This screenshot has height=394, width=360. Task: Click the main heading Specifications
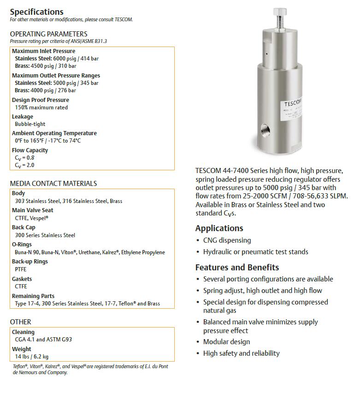[37, 12]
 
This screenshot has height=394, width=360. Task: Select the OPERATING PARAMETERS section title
[48, 34]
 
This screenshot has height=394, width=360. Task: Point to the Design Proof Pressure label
[41, 100]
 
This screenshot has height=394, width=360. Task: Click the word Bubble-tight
[30, 124]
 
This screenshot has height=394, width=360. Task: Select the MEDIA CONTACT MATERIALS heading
[53, 184]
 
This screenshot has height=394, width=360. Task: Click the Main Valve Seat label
[33, 210]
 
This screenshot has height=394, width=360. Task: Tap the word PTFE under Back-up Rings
[21, 269]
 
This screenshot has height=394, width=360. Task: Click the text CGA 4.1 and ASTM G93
[43, 339]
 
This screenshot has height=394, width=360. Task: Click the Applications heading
[219, 228]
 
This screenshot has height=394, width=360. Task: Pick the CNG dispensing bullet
[227, 240]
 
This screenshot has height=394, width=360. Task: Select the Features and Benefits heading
[237, 267]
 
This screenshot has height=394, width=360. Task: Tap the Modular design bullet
[226, 342]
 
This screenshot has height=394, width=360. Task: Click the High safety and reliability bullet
[241, 353]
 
